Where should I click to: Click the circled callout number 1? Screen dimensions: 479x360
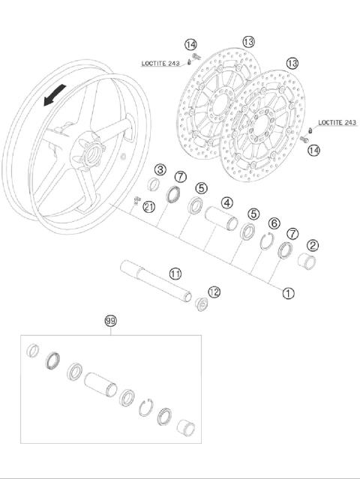[x=289, y=294]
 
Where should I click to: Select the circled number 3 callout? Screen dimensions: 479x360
[x=160, y=170]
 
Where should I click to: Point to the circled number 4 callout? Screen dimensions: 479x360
[x=226, y=202]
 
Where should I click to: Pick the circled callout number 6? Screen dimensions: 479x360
[x=274, y=223]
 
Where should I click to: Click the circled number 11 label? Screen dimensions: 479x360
[x=175, y=274]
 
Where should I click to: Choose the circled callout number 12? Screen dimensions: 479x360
[x=214, y=292]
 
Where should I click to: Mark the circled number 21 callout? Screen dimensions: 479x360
[x=149, y=206]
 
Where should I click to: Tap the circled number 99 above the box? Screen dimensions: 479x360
[x=110, y=321]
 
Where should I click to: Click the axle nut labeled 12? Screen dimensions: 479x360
[x=200, y=306]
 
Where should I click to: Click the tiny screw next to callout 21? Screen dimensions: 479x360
[x=137, y=199]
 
